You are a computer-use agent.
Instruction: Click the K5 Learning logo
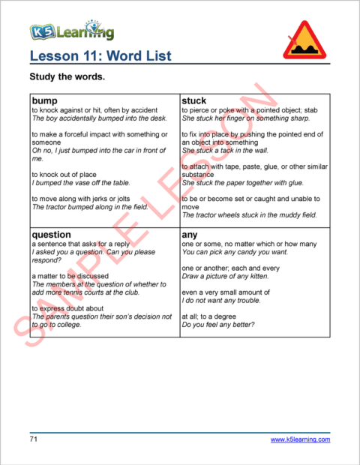coord(72,31)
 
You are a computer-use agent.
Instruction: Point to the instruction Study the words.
coord(66,77)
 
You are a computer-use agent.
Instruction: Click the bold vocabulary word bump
coord(45,100)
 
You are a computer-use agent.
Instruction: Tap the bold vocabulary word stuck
coord(194,100)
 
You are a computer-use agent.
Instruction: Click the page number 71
coord(34,439)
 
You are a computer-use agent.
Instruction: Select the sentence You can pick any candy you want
coord(235,253)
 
